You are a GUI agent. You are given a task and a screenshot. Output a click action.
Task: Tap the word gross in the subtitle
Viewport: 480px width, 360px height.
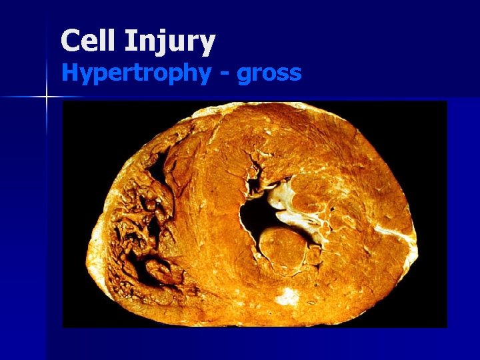point(269,73)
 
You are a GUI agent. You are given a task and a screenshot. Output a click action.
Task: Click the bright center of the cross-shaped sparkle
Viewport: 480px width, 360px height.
point(47,97)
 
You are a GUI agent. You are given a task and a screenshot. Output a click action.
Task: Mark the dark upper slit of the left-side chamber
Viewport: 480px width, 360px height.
point(159,167)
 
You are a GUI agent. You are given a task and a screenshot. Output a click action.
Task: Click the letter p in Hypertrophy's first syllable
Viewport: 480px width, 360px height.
point(98,75)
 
